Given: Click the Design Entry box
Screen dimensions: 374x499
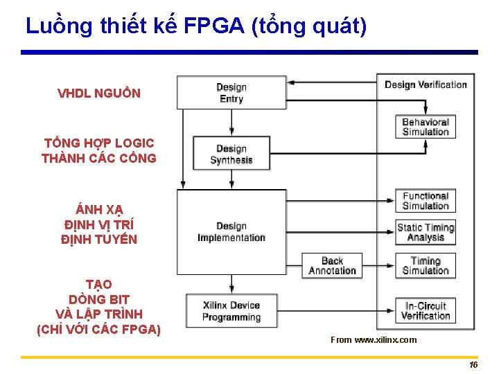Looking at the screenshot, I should (231, 93).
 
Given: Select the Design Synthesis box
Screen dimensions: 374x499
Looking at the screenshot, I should (231, 154).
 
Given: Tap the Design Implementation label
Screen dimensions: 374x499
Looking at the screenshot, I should (231, 232).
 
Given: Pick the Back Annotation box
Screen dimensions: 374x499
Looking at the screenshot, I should (332, 266).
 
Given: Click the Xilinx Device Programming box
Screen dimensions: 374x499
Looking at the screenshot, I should (231, 312).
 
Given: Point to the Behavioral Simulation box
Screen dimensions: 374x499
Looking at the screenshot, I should (426, 127).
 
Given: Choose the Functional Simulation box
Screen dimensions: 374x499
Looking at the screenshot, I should (426, 201).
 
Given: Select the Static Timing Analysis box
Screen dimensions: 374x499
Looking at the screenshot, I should (426, 232).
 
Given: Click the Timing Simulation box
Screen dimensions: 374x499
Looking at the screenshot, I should (426, 266).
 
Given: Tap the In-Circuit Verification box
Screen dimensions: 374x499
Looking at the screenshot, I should (426, 311).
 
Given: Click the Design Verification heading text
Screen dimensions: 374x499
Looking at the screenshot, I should (426, 84).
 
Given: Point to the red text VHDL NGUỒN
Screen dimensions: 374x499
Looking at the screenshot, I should (99, 93).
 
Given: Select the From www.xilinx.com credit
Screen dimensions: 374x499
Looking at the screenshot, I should (374, 339).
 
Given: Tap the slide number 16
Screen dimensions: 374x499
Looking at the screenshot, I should (473, 364).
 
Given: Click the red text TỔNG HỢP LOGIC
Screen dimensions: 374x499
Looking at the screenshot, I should (99, 143).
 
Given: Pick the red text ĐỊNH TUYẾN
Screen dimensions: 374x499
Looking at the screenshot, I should (99, 240).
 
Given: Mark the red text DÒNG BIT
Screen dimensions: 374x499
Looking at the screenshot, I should (99, 299).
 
